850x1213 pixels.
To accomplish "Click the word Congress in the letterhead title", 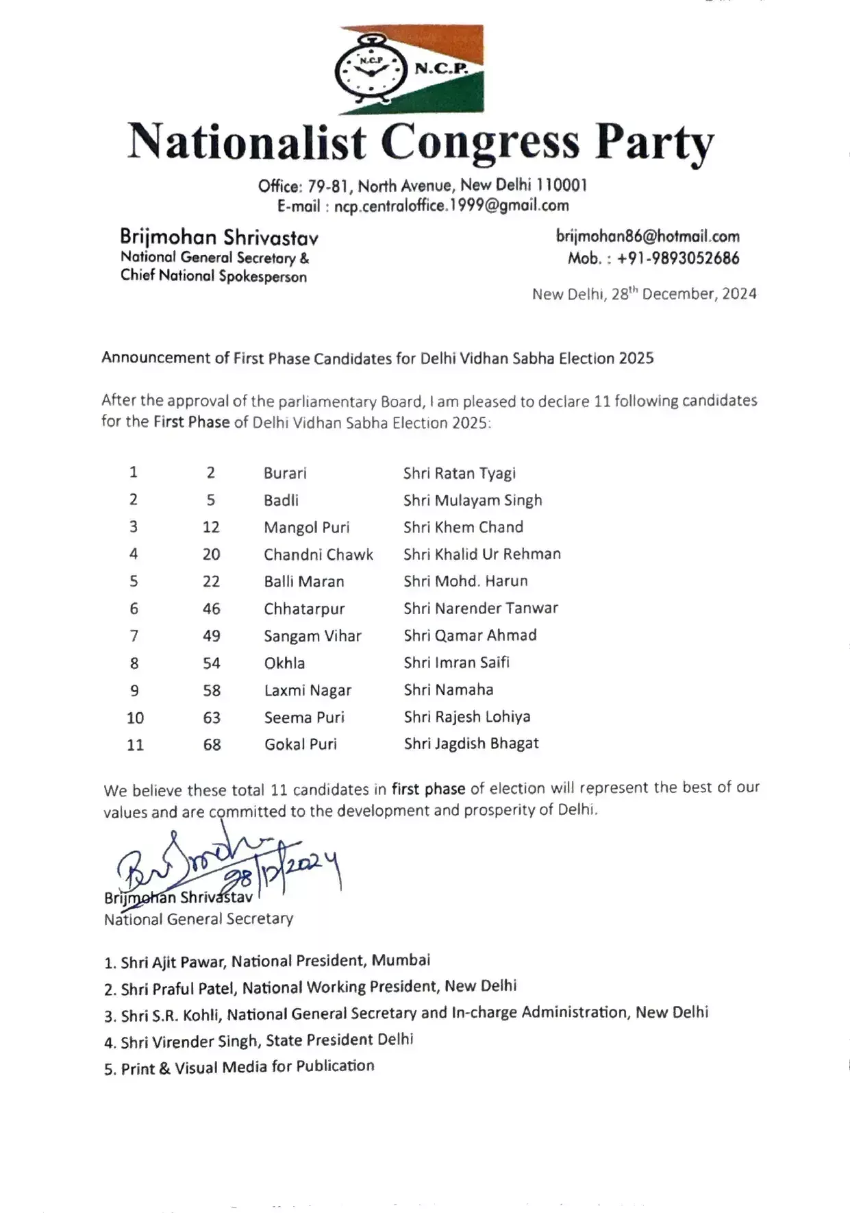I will coord(480,143).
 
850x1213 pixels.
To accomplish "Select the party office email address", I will coord(451,206).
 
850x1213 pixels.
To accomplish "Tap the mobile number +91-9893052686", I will coord(678,258).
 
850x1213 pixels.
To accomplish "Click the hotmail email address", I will coord(647,236).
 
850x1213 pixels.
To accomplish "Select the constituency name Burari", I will coord(285,473).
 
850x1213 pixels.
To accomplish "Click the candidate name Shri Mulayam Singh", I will coord(473,500).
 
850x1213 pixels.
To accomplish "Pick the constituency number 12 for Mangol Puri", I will coord(211,527).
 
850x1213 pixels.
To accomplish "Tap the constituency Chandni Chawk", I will coord(318,554).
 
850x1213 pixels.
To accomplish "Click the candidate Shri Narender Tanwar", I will coord(481,609).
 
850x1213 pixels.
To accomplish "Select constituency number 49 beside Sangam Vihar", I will coord(212,636).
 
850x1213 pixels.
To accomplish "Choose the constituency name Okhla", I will coord(284,663).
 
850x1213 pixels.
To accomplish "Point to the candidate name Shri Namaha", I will coord(449,690).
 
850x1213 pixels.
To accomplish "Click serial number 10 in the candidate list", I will coord(135,718).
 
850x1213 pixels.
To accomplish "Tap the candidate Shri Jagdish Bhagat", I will coord(471,744).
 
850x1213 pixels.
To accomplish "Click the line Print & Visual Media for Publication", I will coord(247,1068).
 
